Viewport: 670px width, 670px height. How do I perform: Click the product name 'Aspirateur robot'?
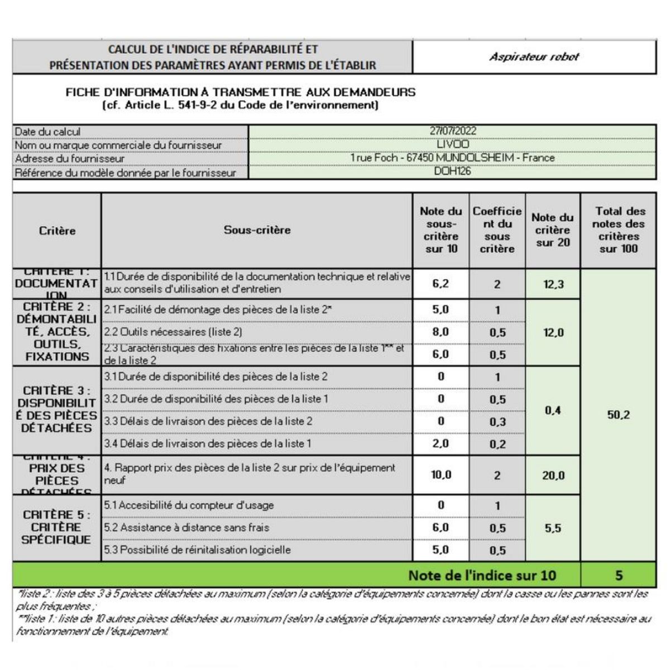(534, 57)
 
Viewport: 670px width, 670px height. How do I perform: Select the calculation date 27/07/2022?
(453, 131)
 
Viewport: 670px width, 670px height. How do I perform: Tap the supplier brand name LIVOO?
(453, 145)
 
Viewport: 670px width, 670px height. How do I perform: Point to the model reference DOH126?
(453, 171)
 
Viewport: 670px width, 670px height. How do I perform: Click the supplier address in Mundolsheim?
(453, 158)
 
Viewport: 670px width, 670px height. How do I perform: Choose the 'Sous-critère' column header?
(257, 230)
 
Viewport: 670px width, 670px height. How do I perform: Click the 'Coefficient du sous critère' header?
(497, 230)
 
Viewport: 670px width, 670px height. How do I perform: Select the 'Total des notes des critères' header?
(619, 230)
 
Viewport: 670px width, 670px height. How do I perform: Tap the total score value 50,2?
(619, 415)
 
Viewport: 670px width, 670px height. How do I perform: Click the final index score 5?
(619, 575)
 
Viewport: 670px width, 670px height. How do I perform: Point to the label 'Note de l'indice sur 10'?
(482, 575)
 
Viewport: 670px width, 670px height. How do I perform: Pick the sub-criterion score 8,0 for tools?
(441, 332)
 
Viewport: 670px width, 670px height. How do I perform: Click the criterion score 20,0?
(553, 476)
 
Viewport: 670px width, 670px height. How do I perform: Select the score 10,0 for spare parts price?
(441, 475)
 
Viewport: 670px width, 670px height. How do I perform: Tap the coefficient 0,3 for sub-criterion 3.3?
(497, 422)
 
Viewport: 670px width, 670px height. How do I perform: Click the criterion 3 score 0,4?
(553, 411)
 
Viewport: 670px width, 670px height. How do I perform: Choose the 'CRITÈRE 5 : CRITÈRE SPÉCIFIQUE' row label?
(56, 527)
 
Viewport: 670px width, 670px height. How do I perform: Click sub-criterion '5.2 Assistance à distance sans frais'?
(186, 528)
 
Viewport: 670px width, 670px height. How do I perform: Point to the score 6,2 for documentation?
(441, 284)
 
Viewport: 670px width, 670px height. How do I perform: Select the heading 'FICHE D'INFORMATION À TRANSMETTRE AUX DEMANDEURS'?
(241, 92)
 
